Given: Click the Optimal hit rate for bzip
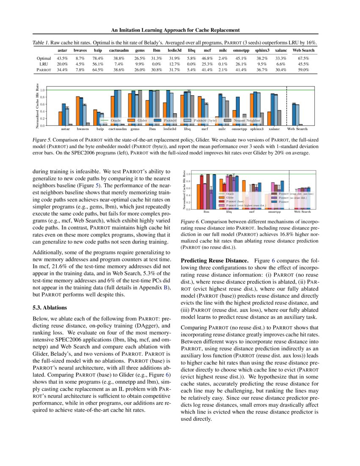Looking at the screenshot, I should click(x=98, y=58).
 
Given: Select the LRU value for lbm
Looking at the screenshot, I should click(x=156, y=64).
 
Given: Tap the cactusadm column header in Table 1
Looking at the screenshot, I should click(x=119, y=50).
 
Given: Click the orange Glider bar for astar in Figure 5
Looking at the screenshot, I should click(x=60, y=118).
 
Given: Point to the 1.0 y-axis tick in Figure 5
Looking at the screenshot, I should click(x=42, y=90).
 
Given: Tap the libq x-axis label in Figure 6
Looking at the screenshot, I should click(x=229, y=211).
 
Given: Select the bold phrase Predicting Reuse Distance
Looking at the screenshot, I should click(x=214, y=261).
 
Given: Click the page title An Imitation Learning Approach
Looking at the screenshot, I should click(x=176, y=30).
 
